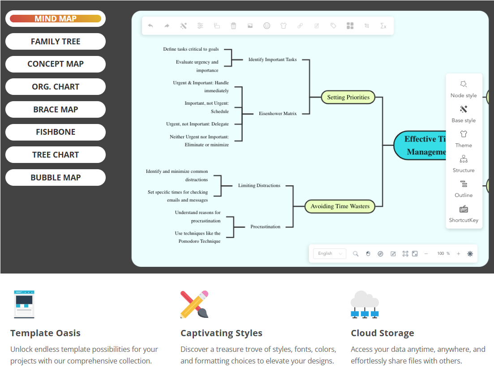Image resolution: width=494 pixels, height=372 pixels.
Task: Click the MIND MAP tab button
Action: (56, 19)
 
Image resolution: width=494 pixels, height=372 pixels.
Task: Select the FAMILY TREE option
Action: (56, 42)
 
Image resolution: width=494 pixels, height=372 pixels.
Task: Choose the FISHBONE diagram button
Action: (56, 132)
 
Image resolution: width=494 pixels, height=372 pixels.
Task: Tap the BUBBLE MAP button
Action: (56, 178)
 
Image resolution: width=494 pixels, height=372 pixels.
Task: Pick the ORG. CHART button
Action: (56, 87)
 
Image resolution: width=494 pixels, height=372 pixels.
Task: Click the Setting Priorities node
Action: (348, 97)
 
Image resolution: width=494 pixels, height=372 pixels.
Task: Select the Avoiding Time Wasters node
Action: (340, 206)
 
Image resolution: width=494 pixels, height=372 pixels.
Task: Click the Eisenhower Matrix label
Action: (278, 114)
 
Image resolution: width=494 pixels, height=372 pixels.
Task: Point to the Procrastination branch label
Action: (265, 227)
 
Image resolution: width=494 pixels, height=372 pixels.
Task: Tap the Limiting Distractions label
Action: (259, 186)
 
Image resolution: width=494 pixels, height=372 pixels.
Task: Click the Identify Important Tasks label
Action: (272, 60)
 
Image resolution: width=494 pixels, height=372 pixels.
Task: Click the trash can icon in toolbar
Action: (233, 26)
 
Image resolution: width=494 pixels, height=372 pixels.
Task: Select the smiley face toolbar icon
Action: (267, 26)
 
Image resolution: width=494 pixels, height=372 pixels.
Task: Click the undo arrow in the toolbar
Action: (150, 26)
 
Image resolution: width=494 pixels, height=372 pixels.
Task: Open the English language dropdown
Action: (329, 254)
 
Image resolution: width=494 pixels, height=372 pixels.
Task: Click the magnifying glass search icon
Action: (356, 254)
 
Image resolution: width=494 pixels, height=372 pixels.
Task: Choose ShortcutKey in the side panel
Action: (464, 214)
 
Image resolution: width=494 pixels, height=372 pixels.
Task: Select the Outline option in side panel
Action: (464, 189)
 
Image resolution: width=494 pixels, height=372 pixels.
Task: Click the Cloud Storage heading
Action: (382, 333)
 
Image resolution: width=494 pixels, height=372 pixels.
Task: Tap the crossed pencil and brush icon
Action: (194, 304)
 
